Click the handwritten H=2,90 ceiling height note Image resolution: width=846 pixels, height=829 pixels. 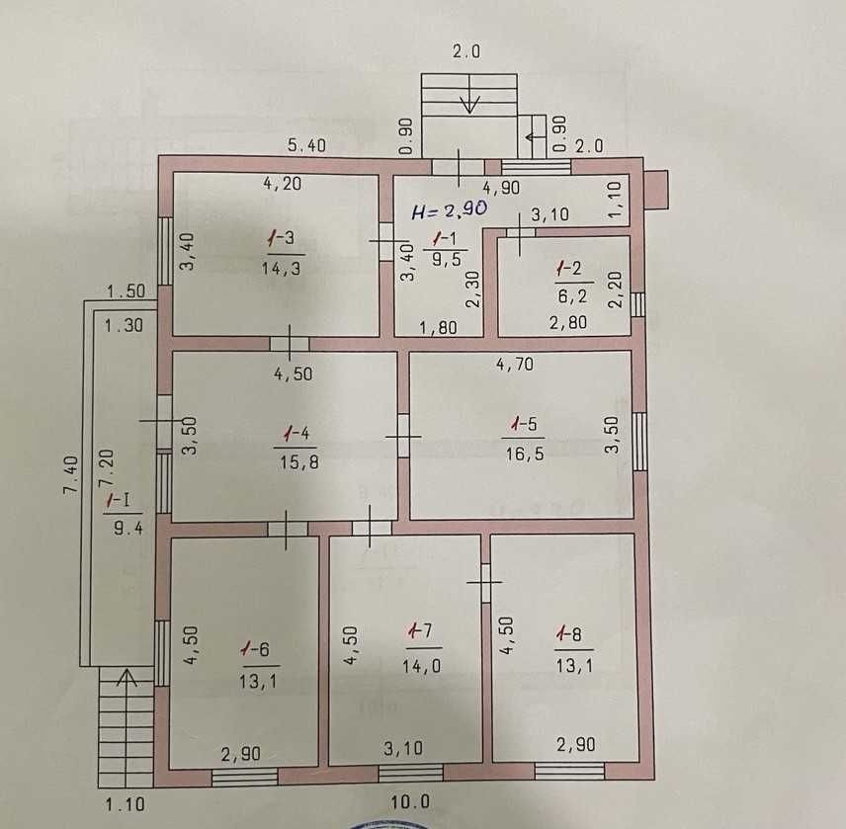click(x=450, y=209)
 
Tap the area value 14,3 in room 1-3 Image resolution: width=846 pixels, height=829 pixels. click(x=281, y=268)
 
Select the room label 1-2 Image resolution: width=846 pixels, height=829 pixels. click(x=569, y=268)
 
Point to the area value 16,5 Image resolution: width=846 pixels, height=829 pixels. click(x=525, y=455)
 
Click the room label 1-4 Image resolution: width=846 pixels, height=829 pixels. click(x=296, y=433)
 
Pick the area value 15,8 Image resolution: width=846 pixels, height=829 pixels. click(x=298, y=462)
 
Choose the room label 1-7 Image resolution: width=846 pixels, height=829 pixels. click(x=420, y=630)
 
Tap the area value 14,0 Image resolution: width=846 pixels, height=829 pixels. click(x=421, y=666)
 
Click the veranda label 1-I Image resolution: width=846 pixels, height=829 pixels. click(x=119, y=500)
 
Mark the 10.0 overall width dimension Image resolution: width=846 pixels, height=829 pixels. click(x=410, y=801)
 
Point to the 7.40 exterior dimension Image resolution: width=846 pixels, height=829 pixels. click(x=71, y=475)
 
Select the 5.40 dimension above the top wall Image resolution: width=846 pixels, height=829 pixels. click(x=306, y=145)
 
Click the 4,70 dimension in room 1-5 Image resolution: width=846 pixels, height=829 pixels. click(x=515, y=364)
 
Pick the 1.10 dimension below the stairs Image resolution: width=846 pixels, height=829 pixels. click(x=125, y=804)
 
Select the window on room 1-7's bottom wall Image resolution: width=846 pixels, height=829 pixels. click(x=410, y=773)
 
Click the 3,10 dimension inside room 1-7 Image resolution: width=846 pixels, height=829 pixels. click(x=403, y=748)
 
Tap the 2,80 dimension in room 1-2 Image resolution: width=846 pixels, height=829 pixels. click(x=568, y=322)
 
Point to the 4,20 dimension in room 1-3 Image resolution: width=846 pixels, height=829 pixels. click(x=283, y=184)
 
